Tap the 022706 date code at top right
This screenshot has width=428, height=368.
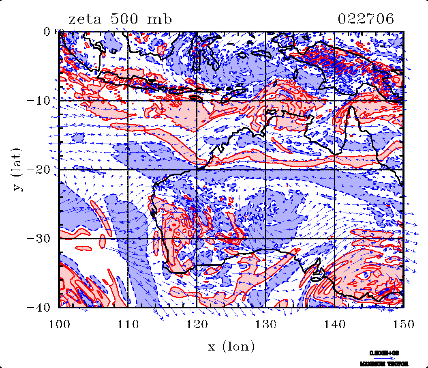coord(366,19)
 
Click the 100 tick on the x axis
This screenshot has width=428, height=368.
coord(59,324)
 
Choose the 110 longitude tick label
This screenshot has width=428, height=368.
coord(128,324)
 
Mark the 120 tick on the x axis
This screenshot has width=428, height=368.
coord(197,324)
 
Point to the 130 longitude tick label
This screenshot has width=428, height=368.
coord(266,324)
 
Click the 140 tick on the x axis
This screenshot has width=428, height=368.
coord(335,324)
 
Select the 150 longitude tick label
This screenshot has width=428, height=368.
coord(404,324)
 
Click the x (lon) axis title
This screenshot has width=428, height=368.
coord(231,346)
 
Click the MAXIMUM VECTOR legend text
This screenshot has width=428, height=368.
coord(383,364)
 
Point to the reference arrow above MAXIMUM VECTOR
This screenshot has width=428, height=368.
coord(387,359)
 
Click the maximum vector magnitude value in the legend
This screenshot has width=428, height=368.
coord(383,353)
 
